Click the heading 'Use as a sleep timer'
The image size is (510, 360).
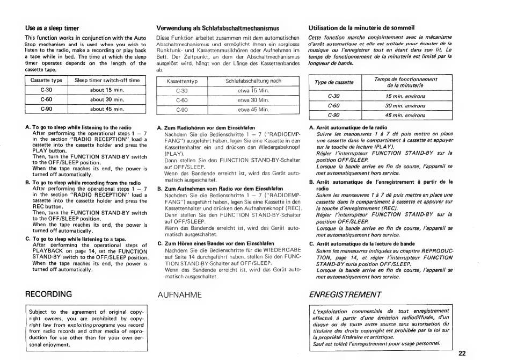click(53, 27)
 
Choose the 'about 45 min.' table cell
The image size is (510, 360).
click(107, 109)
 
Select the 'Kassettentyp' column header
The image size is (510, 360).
click(183, 82)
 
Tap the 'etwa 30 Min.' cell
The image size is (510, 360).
click(253, 100)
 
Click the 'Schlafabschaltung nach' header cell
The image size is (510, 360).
click(253, 82)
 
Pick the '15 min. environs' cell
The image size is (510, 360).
click(405, 96)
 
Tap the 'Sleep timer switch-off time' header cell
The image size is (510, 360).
click(107, 80)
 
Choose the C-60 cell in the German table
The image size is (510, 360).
click(183, 100)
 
